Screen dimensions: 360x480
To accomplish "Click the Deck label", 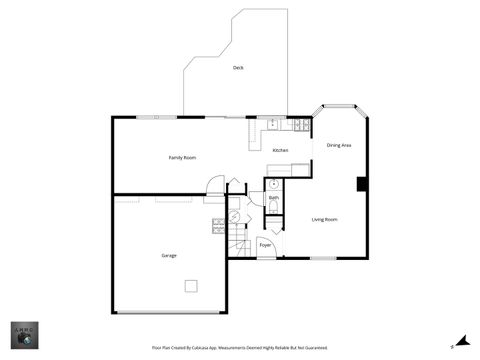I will pyautogui.click(x=238, y=68).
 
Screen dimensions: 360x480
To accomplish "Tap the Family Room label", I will pyautogui.click(x=182, y=158).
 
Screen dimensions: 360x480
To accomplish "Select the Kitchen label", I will pyautogui.click(x=280, y=150).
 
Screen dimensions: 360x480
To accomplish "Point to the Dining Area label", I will pyautogui.click(x=339, y=146).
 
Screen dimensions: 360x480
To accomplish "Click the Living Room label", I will pyautogui.click(x=324, y=219).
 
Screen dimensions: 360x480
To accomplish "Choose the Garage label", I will pyautogui.click(x=169, y=255).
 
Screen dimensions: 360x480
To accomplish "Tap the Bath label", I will pyautogui.click(x=273, y=198).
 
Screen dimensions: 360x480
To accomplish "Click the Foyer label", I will pyautogui.click(x=265, y=244).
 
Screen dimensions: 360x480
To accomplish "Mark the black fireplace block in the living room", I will pyautogui.click(x=362, y=184).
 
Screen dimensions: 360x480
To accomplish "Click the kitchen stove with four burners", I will pyautogui.click(x=299, y=125).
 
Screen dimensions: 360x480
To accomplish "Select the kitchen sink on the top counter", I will pyautogui.click(x=272, y=124).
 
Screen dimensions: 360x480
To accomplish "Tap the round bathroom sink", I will pyautogui.click(x=273, y=185).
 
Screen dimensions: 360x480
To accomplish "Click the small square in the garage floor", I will pyautogui.click(x=190, y=286).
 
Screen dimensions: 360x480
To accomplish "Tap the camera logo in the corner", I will pyautogui.click(x=25, y=336).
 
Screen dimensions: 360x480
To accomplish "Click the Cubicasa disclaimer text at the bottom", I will pyautogui.click(x=239, y=348).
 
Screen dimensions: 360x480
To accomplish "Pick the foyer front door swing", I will pyautogui.click(x=267, y=254).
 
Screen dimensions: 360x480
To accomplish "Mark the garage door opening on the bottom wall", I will pyautogui.click(x=168, y=313).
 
